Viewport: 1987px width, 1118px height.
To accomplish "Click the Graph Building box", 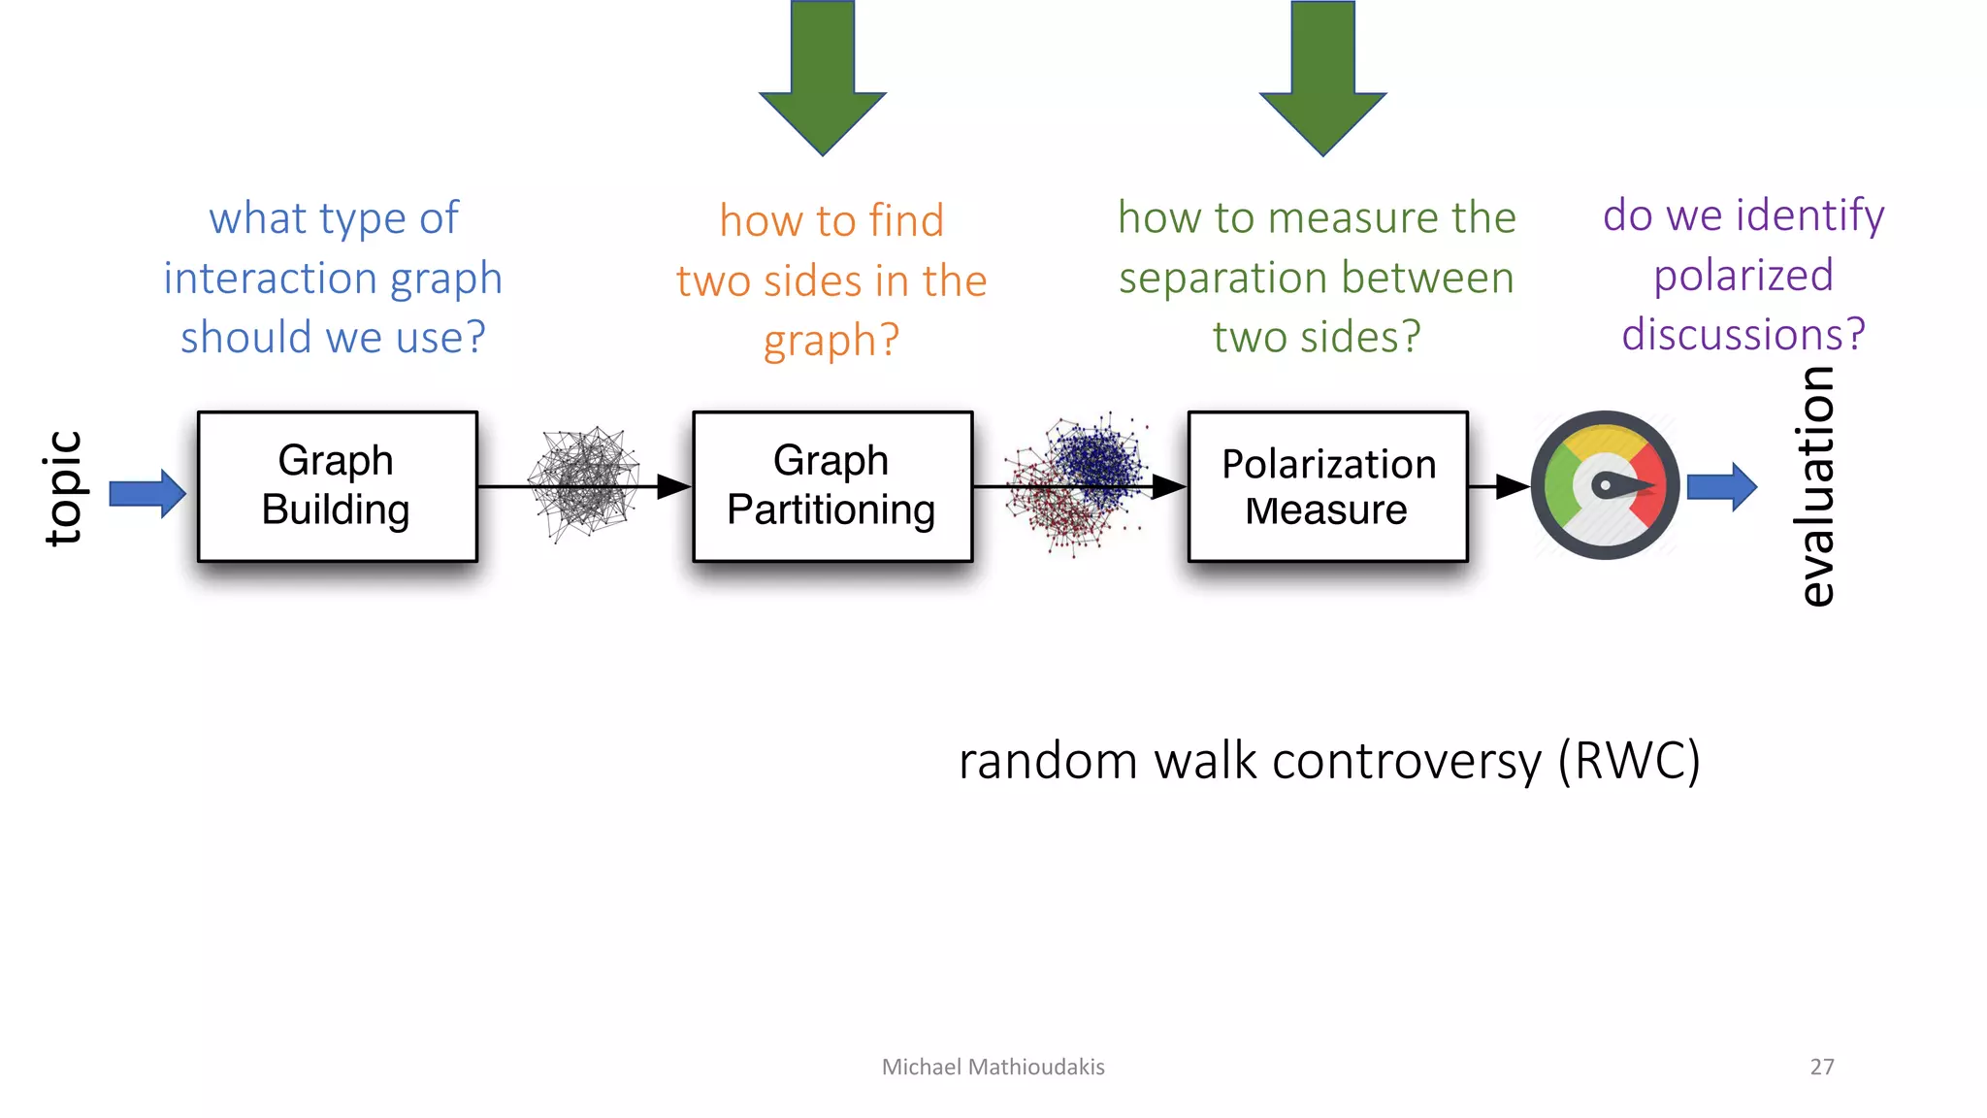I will [x=337, y=486].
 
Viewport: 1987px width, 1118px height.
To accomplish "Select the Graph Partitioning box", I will [x=831, y=486].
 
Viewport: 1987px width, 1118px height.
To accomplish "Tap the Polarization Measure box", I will [x=1327, y=486].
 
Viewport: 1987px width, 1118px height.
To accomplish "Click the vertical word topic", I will [x=64, y=488].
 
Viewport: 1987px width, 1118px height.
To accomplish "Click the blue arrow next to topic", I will [x=147, y=493].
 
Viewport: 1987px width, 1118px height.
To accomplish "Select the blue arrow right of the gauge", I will [x=1721, y=486].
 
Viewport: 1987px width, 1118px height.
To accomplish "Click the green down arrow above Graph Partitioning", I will [x=823, y=78].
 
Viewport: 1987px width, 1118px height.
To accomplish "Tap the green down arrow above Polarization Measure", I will [x=1322, y=78].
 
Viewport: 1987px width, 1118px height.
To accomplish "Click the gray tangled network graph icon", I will [x=584, y=482].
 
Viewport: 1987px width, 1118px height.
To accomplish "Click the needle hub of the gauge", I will [x=1606, y=485].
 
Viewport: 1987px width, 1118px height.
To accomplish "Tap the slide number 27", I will [x=1821, y=1067].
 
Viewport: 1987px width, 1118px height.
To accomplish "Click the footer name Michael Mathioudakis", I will [x=993, y=1067].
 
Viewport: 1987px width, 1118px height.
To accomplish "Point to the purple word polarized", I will [x=1743, y=276].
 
